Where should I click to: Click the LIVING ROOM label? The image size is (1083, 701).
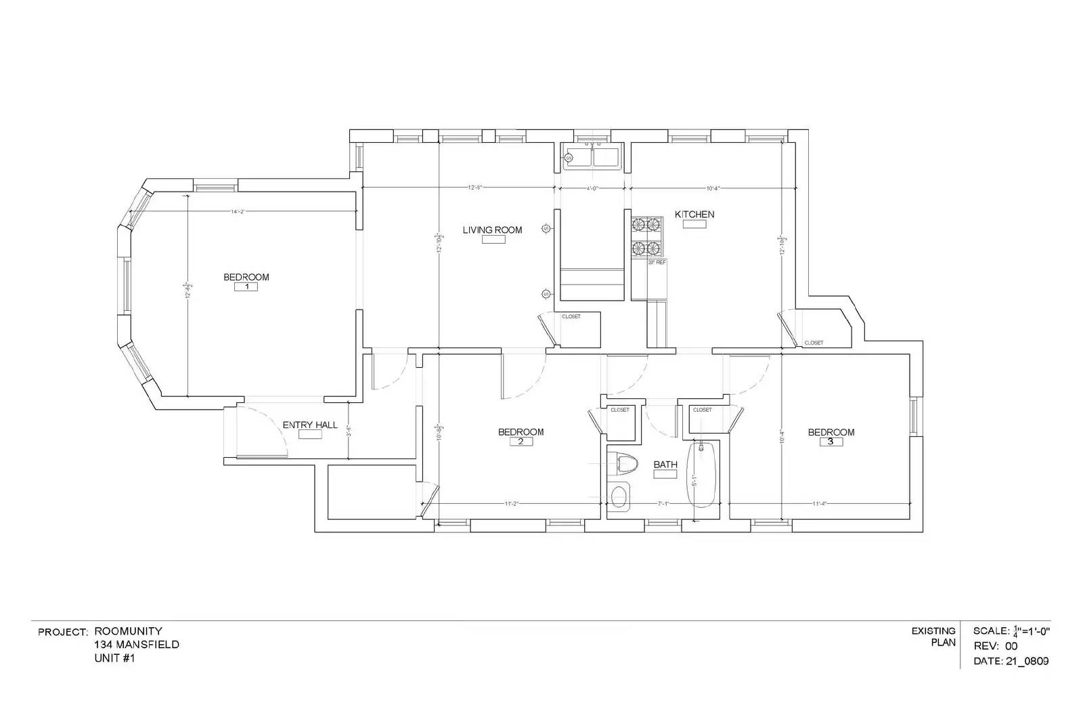[x=492, y=230]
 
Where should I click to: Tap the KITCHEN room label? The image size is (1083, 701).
[x=694, y=214]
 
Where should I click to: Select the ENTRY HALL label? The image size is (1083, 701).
[x=309, y=425]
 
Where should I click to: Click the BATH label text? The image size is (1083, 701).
[x=665, y=464]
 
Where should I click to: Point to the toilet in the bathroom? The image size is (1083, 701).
[x=624, y=464]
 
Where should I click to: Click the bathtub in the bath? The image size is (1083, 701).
[x=701, y=474]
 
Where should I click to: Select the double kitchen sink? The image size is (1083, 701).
[x=593, y=157]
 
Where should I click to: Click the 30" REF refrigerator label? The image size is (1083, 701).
[x=657, y=262]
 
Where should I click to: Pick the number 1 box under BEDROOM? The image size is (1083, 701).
[x=246, y=286]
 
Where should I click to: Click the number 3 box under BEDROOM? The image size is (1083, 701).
[x=831, y=442]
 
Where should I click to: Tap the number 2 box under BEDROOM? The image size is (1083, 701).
[x=521, y=442]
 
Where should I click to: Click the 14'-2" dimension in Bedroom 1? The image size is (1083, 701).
[x=236, y=212]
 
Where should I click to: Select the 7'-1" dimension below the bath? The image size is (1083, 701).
[x=663, y=503]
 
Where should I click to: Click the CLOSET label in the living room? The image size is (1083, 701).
[x=571, y=316]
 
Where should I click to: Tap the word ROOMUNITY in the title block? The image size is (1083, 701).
[x=128, y=631]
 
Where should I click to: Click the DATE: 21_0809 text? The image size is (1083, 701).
[x=1011, y=660]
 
